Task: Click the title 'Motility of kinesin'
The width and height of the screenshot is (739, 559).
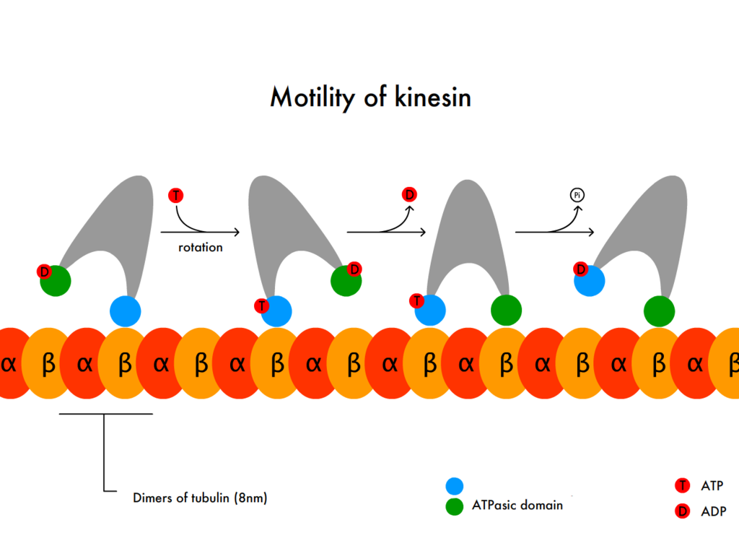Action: click(370, 97)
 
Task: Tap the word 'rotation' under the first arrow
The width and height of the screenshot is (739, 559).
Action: click(201, 248)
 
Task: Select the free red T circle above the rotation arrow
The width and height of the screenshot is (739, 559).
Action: click(175, 195)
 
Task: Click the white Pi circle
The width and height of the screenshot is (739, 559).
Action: click(577, 194)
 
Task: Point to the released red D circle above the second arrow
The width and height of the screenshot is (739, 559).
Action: click(409, 194)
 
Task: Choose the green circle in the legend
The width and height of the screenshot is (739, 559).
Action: click(455, 506)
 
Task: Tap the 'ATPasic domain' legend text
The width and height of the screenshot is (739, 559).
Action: click(517, 506)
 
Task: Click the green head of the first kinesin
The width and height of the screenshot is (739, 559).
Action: click(56, 281)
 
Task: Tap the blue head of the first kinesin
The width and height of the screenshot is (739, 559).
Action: click(125, 311)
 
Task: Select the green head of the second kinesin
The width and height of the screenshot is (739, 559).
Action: click(346, 281)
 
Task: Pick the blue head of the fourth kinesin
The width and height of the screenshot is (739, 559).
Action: click(589, 280)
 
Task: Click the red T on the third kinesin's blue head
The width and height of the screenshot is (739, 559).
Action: click(416, 300)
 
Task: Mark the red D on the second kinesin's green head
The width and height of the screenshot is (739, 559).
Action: click(354, 269)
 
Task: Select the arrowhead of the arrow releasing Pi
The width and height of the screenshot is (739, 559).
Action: click(590, 232)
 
